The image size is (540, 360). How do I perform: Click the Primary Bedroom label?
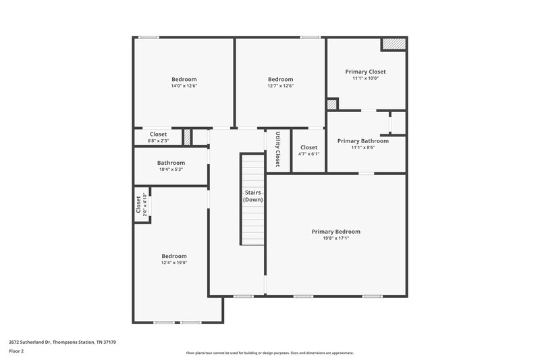pyautogui.click(x=335, y=232)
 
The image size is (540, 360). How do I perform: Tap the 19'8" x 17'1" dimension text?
pyautogui.click(x=335, y=238)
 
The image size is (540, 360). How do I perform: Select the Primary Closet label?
pyautogui.click(x=365, y=72)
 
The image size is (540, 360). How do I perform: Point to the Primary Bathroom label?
pyautogui.click(x=363, y=141)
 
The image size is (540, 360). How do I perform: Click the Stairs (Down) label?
pyautogui.click(x=253, y=196)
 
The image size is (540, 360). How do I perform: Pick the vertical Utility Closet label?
pyautogui.click(x=277, y=150)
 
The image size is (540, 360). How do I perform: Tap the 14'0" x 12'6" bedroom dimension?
pyautogui.click(x=184, y=86)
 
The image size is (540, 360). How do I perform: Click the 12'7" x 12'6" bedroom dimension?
pyautogui.click(x=280, y=86)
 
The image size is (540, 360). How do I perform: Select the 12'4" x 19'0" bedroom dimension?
pyautogui.click(x=174, y=263)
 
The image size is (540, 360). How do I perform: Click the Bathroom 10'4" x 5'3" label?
pyautogui.click(x=171, y=165)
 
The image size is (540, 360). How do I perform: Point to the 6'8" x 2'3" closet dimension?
pyautogui.click(x=158, y=140)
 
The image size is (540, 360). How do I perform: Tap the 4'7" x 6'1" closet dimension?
pyautogui.click(x=308, y=154)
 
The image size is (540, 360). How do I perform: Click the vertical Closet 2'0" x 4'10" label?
pyautogui.click(x=140, y=205)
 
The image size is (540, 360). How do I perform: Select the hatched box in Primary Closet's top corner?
pyautogui.click(x=394, y=44)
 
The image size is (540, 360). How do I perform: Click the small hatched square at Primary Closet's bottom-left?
pyautogui.click(x=331, y=105)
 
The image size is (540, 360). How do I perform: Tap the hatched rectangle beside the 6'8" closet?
pyautogui.click(x=187, y=136)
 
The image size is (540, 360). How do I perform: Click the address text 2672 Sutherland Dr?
pyautogui.click(x=64, y=342)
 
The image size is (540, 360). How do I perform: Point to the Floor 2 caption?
pyautogui.click(x=17, y=351)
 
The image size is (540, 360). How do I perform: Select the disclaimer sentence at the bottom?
pyautogui.click(x=269, y=353)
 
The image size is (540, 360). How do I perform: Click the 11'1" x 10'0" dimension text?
pyautogui.click(x=365, y=78)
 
